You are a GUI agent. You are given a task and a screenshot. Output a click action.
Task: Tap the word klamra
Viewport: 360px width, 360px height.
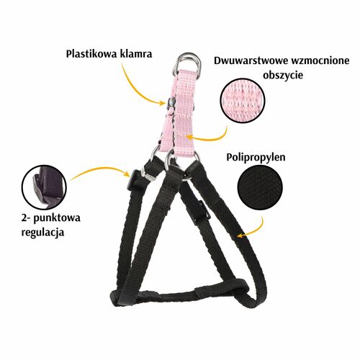(136, 54)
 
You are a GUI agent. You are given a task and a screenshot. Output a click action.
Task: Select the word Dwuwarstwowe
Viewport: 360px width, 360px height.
(251, 60)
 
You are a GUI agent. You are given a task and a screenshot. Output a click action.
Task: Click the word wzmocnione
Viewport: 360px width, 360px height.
(320, 60)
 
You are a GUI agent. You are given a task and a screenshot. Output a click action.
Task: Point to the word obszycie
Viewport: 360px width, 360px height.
(283, 75)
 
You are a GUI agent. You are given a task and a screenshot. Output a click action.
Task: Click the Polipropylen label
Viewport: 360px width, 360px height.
(256, 158)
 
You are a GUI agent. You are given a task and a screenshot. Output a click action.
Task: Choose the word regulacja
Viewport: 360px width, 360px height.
(42, 233)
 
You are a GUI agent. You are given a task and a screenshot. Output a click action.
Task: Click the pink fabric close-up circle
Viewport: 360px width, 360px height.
(243, 100)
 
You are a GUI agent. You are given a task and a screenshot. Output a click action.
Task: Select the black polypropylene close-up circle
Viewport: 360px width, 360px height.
(260, 187)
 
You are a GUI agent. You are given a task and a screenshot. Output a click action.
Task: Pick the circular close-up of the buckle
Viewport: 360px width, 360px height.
(44, 187)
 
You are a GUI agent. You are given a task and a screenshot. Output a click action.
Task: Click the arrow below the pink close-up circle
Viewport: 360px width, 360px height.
(211, 137)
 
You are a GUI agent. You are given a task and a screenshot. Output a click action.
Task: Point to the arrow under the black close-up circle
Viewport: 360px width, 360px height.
(255, 230)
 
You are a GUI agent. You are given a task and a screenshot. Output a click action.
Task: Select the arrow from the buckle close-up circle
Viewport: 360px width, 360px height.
(101, 168)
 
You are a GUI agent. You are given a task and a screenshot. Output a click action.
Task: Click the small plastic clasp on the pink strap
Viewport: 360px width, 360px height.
(171, 102)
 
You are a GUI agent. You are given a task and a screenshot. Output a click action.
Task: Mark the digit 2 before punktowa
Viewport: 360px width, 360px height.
(24, 219)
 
